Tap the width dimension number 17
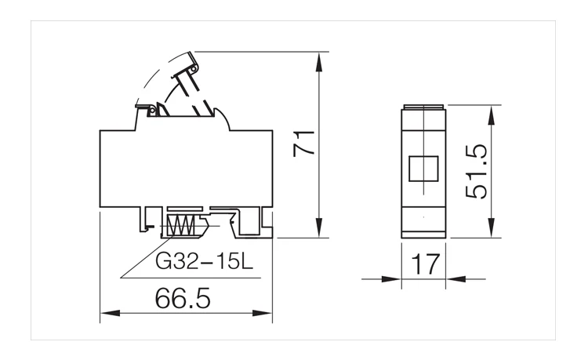[x=423, y=264]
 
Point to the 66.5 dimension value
[x=183, y=298]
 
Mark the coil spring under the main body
[x=182, y=227]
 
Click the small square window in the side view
[x=423, y=169]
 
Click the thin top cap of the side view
[x=423, y=107]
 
